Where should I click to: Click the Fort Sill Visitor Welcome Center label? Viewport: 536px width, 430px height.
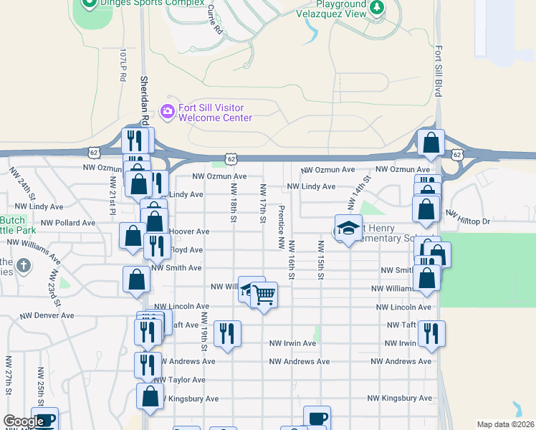[215, 113]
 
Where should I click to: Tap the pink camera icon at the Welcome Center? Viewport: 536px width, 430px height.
[168, 110]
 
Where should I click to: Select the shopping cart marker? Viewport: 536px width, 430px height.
[264, 294]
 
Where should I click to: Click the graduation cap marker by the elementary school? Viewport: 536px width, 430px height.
[348, 229]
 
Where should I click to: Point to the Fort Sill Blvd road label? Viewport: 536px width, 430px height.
[438, 72]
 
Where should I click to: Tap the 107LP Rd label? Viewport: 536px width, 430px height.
[123, 64]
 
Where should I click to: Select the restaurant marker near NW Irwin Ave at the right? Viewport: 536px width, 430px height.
[431, 334]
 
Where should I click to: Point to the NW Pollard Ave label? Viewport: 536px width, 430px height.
[68, 223]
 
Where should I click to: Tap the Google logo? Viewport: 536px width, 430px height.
[24, 421]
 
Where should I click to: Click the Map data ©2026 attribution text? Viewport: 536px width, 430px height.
[505, 424]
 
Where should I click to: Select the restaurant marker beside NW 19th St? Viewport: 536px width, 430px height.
[227, 334]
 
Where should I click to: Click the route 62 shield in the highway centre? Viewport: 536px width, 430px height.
[229, 158]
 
